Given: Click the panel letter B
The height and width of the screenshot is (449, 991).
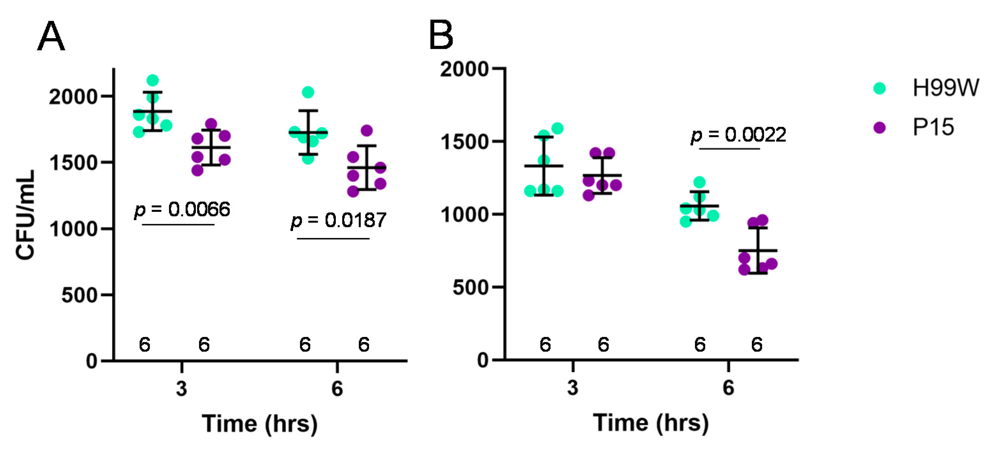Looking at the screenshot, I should (x=441, y=35).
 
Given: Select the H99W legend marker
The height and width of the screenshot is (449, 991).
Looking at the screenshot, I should (x=880, y=88).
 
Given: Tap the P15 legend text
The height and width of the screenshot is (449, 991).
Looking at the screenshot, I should (x=933, y=127).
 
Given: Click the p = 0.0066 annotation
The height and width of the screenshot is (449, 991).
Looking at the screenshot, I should (x=182, y=210).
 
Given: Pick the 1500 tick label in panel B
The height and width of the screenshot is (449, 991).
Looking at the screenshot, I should (x=464, y=142).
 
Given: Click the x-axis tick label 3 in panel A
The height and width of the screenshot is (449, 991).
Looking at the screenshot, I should (x=181, y=388).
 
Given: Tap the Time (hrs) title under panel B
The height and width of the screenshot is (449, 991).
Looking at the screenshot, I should (x=650, y=423).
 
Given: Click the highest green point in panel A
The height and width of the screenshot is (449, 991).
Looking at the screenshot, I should (x=153, y=80).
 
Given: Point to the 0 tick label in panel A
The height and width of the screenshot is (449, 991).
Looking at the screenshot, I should (x=92, y=361).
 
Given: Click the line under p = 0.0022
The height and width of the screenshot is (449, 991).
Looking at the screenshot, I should (x=729, y=149).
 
